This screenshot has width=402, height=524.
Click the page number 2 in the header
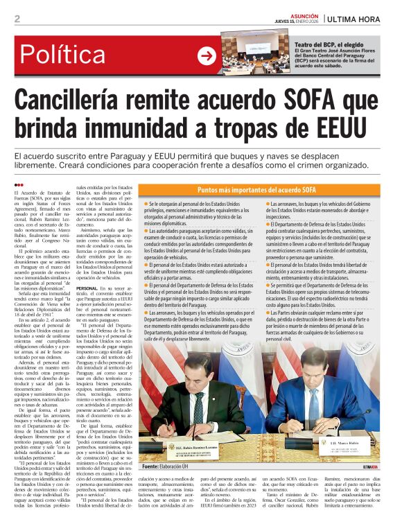pyautogui.click(x=17, y=19)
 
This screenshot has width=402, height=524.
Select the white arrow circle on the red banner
pyautogui.click(x=207, y=56)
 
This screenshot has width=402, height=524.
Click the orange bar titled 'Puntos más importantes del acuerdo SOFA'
pyautogui.click(x=266, y=189)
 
